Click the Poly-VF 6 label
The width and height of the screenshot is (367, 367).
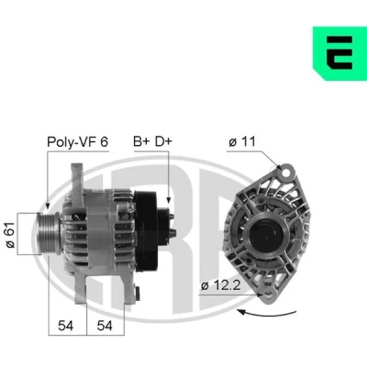pos(78,142)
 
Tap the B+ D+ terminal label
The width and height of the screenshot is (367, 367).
pos(153,141)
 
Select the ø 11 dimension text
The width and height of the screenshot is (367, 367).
pos(242,141)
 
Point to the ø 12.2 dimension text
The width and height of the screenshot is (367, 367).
pos(221,285)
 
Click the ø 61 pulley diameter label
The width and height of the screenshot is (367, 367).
pos(10,234)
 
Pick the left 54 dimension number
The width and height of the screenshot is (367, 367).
pos(66,326)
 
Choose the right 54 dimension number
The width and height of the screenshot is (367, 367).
pos(105,326)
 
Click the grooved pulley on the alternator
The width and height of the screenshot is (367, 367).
pos(49,233)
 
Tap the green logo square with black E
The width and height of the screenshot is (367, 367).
pos(339,53)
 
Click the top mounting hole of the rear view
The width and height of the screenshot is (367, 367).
pos(285,172)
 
